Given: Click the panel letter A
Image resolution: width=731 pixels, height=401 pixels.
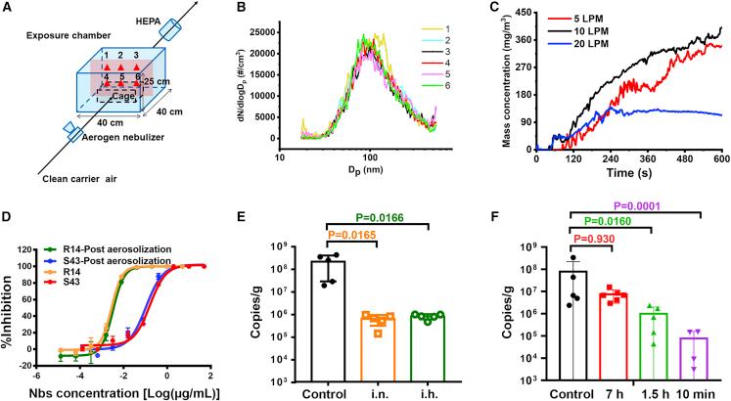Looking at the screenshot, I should click(x=7, y=9).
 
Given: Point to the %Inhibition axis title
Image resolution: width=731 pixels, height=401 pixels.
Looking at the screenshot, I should click(x=11, y=293).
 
